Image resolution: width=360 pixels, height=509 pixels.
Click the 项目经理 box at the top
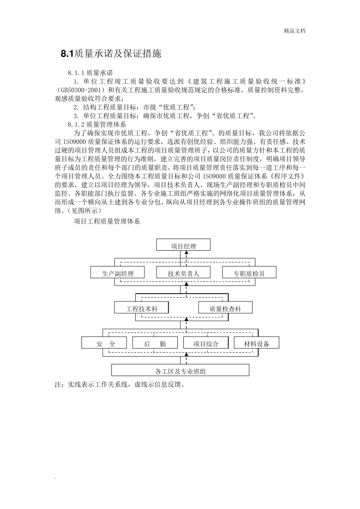tap(183, 246)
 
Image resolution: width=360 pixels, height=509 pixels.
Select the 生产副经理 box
tap(117, 273)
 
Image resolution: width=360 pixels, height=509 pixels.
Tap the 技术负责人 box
tap(183, 273)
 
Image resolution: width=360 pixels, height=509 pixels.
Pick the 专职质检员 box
tap(249, 273)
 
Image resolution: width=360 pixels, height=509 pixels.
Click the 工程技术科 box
tap(142, 308)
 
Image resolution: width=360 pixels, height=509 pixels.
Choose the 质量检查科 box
tap(225, 308)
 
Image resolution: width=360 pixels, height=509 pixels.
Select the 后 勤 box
tap(155, 344)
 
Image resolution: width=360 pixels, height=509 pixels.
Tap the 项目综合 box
tap(206, 344)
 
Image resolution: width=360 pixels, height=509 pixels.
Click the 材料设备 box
tap(257, 344)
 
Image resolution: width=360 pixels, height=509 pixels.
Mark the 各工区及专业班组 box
tap(180, 371)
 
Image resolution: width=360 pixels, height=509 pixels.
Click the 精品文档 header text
tap(294, 31)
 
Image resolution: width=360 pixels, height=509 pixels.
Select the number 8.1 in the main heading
tap(67, 54)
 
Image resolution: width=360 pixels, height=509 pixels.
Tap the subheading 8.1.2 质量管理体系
tap(97, 124)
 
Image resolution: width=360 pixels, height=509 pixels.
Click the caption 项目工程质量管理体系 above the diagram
tap(107, 221)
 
